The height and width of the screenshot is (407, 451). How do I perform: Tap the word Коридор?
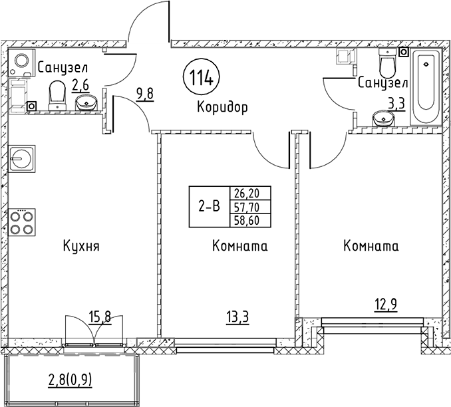click(x=222, y=106)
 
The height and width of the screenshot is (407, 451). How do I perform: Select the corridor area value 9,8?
click(x=144, y=93)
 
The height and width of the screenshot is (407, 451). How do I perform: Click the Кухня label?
click(x=81, y=247)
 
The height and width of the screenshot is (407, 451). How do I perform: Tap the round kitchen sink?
click(x=23, y=159)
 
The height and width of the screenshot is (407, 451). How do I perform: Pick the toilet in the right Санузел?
click(x=387, y=63)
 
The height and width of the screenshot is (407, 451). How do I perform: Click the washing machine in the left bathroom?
click(x=23, y=63)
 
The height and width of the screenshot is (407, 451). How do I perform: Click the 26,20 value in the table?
click(x=245, y=193)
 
